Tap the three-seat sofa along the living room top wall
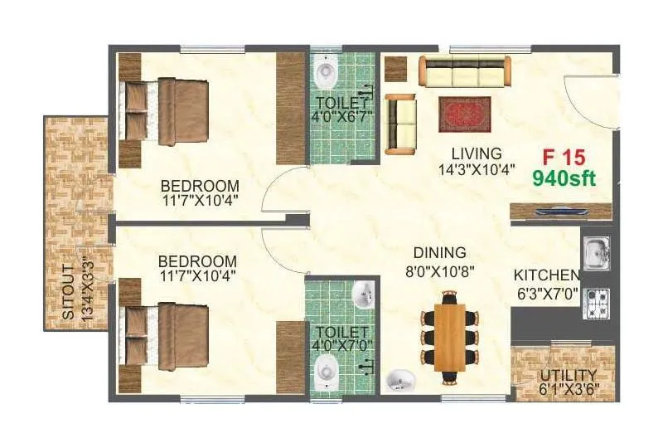[463, 72]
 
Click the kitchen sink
[595, 253]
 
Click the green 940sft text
[564, 177]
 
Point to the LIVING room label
[477, 153]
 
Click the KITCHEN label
[546, 275]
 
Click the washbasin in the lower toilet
[363, 293]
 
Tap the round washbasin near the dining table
[399, 380]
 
